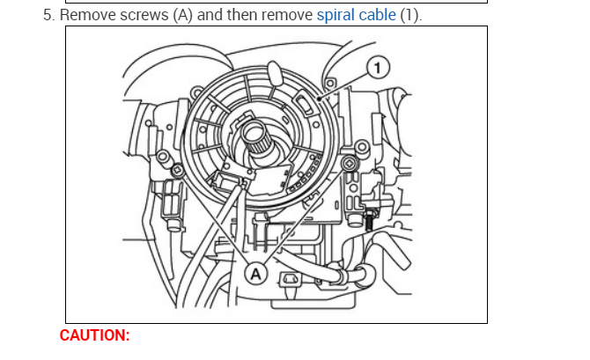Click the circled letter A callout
coord(256,273)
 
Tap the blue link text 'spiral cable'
coord(358,16)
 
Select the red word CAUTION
coord(94,335)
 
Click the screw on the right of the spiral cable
coord(351,165)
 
